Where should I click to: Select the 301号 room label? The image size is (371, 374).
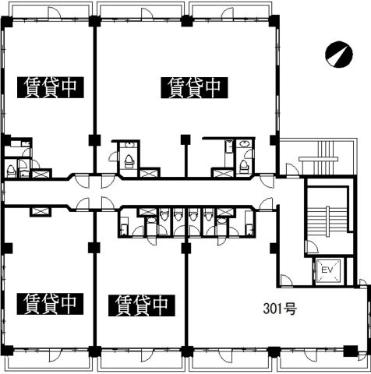275,309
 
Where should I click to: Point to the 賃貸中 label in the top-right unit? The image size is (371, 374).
193,86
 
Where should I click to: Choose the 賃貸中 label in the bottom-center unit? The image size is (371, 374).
141,301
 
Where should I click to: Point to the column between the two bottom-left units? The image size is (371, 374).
94,248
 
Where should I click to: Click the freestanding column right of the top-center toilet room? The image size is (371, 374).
185,140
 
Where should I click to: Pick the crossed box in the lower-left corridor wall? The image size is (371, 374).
37,210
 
